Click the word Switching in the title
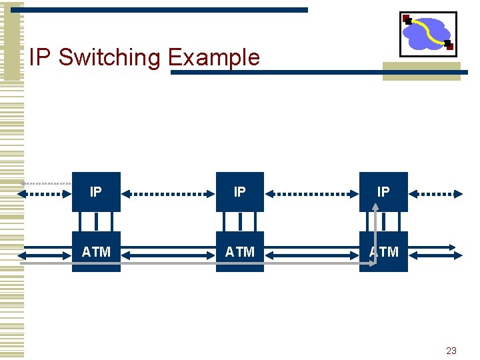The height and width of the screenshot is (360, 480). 110,58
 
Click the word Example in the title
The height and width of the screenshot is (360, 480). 213,58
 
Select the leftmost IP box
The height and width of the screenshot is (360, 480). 96,192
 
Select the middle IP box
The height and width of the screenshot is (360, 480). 240,192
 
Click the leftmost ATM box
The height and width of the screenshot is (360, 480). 96,251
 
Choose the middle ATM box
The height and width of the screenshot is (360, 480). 240,251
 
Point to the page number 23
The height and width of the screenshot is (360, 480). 451,351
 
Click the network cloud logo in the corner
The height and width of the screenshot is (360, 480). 427,33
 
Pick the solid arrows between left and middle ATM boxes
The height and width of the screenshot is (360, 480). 168,251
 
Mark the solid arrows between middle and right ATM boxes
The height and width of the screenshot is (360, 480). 311,251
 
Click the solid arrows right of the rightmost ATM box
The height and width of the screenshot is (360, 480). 435,251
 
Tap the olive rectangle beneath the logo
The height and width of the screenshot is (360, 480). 421,71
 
